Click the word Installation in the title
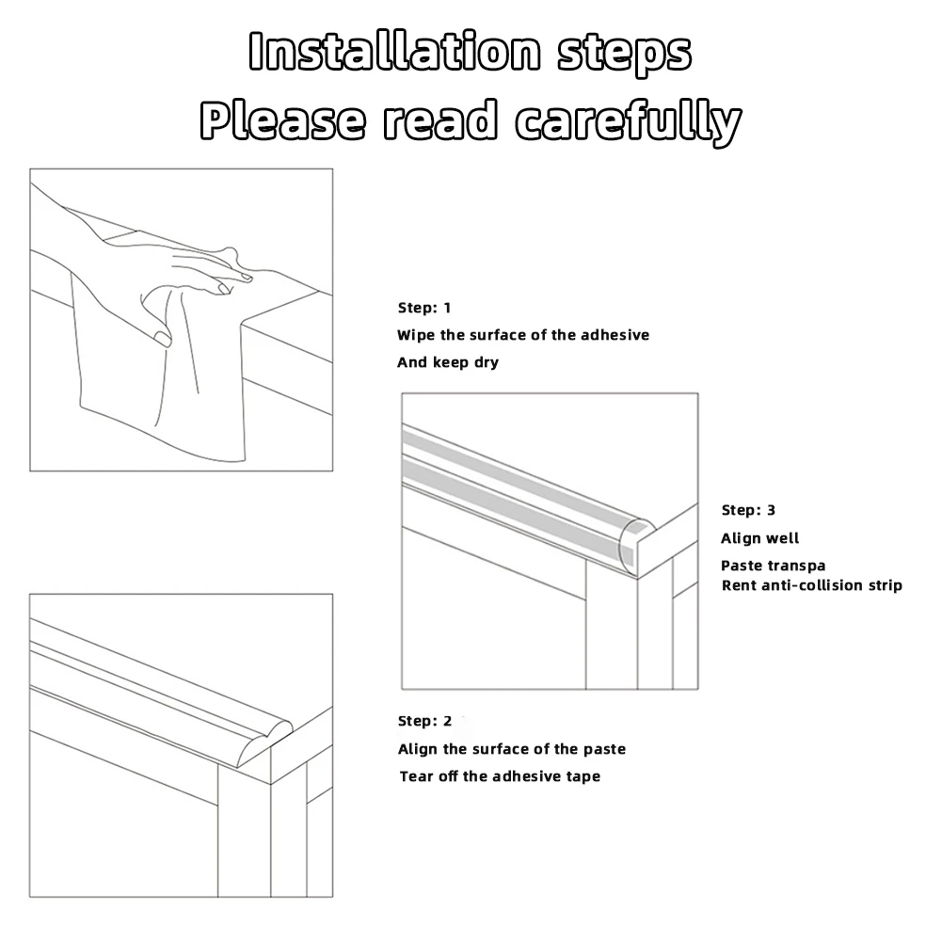(x=396, y=53)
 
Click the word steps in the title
(x=624, y=53)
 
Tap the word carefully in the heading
(x=629, y=121)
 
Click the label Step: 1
(x=424, y=308)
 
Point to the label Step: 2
(x=424, y=721)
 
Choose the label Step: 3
(x=748, y=510)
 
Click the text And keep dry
(x=448, y=362)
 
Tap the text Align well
(x=759, y=538)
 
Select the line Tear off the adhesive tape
(x=500, y=776)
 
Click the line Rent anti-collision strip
(x=811, y=585)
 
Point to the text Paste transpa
(x=773, y=566)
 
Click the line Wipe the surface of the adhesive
(x=523, y=335)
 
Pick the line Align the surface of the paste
(x=511, y=749)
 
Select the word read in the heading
(x=440, y=121)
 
